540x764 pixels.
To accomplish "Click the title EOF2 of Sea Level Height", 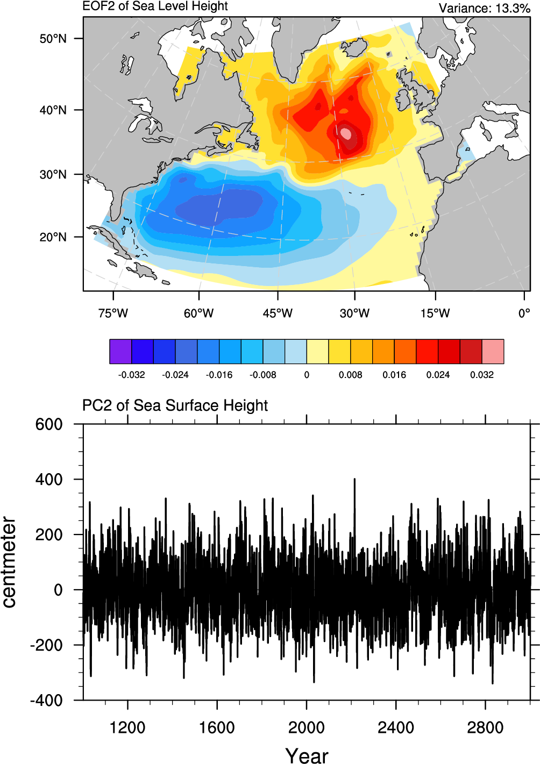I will (x=155, y=6).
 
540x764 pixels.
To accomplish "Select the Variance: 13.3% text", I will (x=484, y=8).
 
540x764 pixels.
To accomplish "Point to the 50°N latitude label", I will (x=53, y=39).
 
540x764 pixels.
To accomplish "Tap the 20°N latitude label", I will (x=53, y=237).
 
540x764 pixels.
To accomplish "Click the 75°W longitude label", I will (x=113, y=313).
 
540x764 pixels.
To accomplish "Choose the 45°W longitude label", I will (x=278, y=313).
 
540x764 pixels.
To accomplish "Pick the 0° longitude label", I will (x=524, y=313).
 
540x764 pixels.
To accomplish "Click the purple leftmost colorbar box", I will (x=120, y=351).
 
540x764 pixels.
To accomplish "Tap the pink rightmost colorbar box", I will (x=493, y=351).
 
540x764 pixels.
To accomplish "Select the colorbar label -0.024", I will (x=175, y=375).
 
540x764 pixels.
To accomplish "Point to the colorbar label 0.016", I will (x=394, y=375).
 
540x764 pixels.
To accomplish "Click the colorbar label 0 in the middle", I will (x=307, y=375).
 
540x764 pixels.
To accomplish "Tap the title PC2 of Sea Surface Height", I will (x=175, y=405).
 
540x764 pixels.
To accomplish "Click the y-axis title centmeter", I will (x=9, y=562).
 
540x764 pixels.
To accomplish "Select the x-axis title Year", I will (x=307, y=755).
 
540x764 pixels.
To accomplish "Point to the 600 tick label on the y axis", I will (x=49, y=424).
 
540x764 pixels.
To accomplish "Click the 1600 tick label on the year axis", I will (x=217, y=728).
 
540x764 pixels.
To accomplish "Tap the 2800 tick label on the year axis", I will (x=485, y=728).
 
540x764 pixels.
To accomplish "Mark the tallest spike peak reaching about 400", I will (x=354, y=479).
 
